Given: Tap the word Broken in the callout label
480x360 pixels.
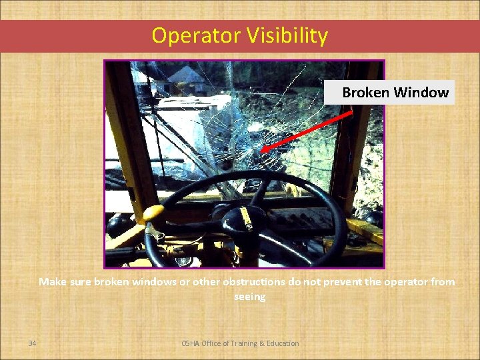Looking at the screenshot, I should click(x=365, y=93).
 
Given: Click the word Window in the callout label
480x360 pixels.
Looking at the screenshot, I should click(x=421, y=93).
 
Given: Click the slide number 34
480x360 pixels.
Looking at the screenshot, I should click(x=32, y=343).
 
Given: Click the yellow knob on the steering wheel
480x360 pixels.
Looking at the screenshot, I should click(x=153, y=214).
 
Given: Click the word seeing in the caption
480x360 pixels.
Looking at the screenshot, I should click(x=249, y=297).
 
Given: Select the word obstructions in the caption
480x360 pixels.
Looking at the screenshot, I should click(x=249, y=282).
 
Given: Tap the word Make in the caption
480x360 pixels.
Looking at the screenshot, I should click(x=52, y=282).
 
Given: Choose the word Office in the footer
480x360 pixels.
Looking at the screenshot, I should click(x=213, y=343).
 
